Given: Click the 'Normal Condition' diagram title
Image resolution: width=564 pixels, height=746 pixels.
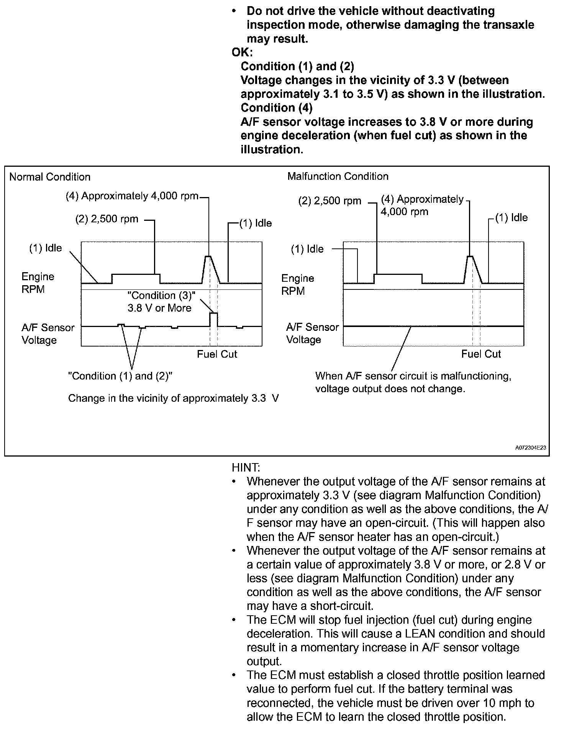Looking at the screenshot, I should [x=50, y=177].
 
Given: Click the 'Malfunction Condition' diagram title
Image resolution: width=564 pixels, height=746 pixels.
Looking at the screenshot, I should [x=338, y=176].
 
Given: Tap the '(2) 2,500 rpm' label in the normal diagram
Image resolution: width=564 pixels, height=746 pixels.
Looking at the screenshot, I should [x=107, y=219].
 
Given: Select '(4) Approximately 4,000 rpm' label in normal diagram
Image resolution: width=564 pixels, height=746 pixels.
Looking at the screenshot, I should [x=132, y=196].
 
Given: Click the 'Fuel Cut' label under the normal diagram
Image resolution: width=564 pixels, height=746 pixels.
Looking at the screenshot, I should [x=217, y=354].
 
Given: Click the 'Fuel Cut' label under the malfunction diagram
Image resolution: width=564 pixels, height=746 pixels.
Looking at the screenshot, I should [x=481, y=354].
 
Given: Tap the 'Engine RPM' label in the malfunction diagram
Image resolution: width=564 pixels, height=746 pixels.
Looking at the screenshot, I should [x=297, y=284].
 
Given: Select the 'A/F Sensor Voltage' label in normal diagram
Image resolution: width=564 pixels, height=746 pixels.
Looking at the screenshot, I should [x=48, y=334].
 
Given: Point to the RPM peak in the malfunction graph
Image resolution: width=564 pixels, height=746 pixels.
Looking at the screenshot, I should [x=470, y=256].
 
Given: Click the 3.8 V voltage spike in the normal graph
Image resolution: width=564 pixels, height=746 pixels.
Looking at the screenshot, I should [x=213, y=314].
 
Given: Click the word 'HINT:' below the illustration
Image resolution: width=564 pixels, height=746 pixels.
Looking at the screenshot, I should [x=246, y=468].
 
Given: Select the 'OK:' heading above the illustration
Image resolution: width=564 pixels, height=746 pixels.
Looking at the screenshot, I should [x=242, y=52].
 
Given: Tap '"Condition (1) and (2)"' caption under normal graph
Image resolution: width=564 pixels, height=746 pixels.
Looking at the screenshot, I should [x=120, y=376].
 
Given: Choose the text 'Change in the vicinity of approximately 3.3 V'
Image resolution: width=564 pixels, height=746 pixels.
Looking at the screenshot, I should [x=173, y=398].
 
